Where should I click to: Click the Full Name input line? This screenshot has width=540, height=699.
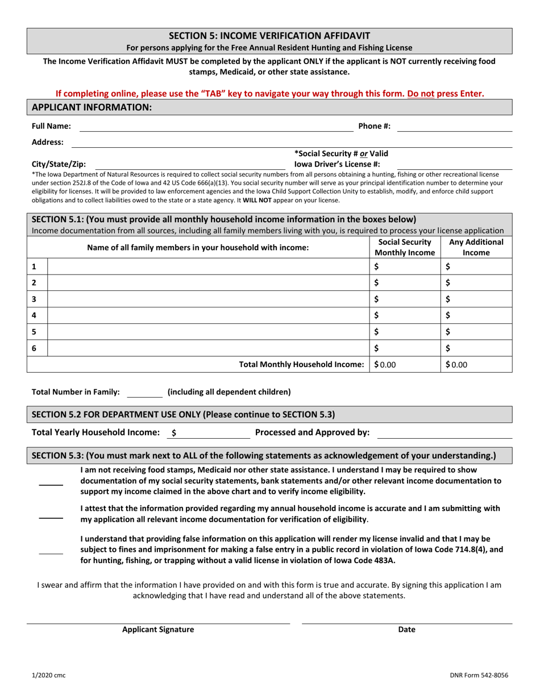[216, 126]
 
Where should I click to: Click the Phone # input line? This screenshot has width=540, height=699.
[454, 126]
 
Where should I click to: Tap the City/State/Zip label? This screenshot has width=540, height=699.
[59, 164]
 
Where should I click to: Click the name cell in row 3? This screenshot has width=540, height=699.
[208, 299]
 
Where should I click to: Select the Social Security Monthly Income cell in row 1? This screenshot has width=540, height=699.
[405, 267]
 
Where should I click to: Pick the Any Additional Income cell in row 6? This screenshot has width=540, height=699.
[476, 348]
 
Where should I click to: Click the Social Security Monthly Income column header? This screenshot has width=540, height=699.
[405, 247]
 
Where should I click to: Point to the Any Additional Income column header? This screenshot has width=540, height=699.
[476, 247]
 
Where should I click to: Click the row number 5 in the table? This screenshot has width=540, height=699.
[35, 332]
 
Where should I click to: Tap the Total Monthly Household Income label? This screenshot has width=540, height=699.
[301, 365]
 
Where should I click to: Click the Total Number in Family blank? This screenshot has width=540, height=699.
[144, 392]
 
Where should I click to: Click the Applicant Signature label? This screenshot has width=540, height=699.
[158, 630]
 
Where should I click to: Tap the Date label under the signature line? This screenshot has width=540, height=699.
[406, 630]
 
